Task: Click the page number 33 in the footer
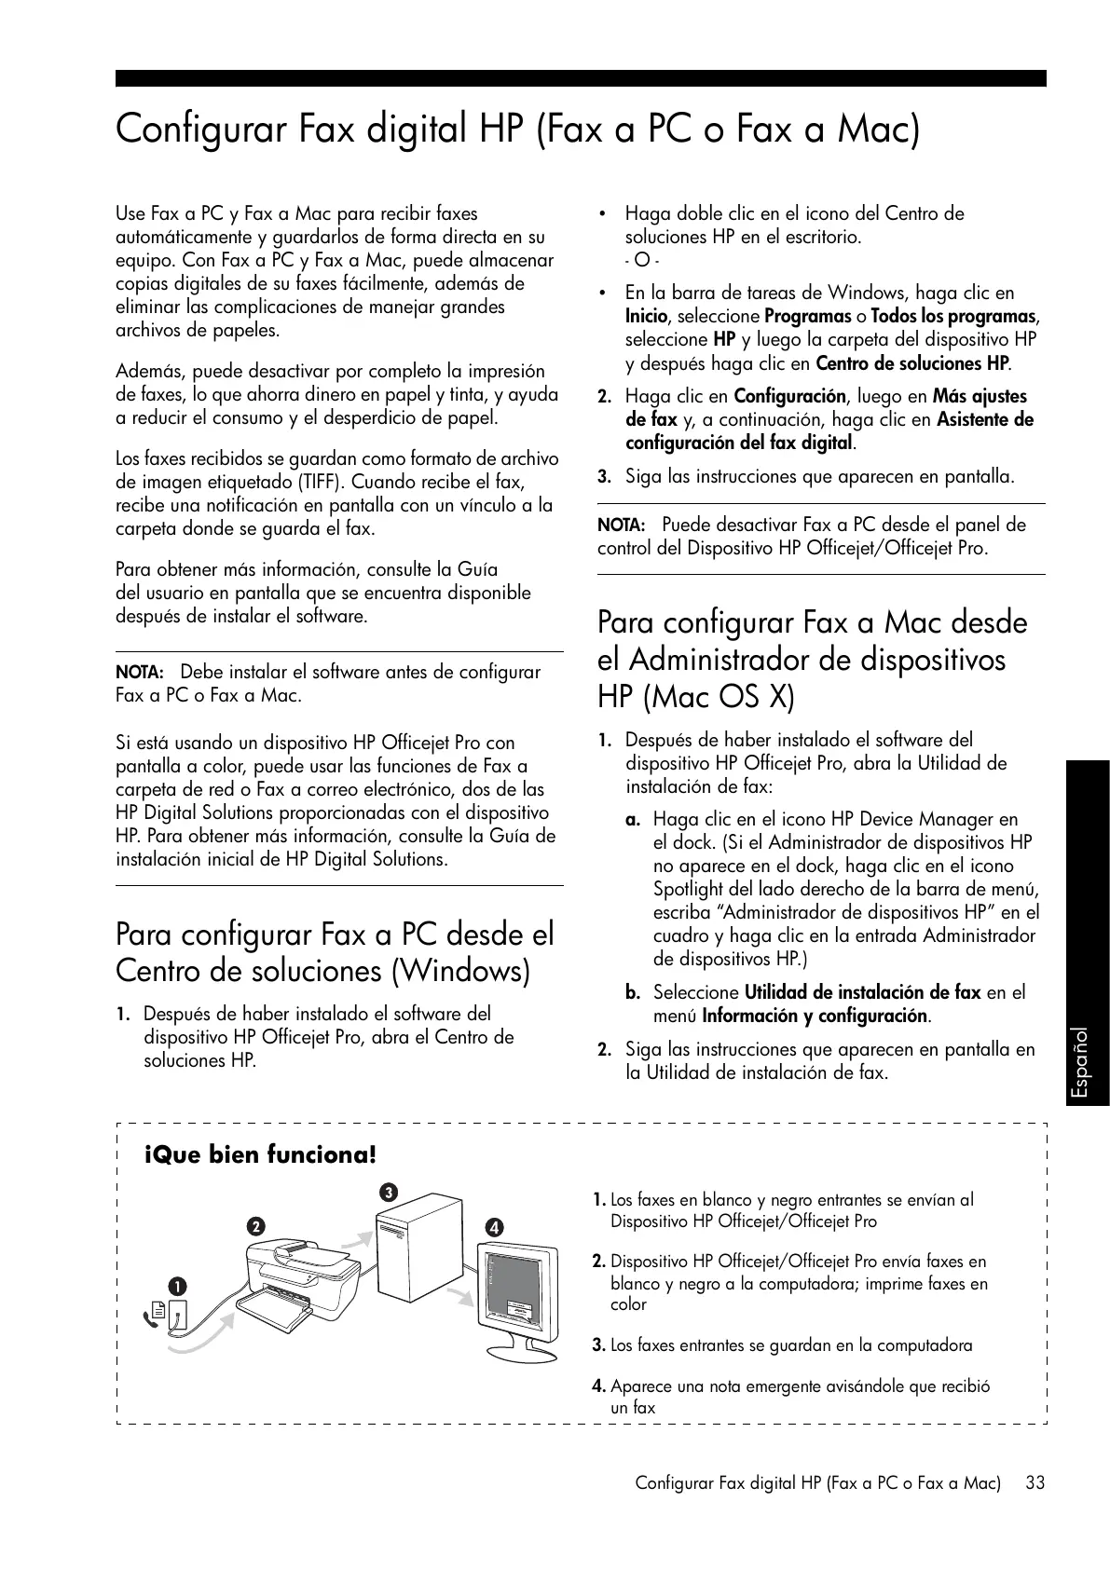1035,1482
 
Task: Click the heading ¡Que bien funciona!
261,1155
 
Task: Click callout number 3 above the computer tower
388,1193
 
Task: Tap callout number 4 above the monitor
494,1227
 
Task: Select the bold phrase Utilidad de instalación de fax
862,992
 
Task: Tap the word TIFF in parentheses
312,483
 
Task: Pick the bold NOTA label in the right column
621,525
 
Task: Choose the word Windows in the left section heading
459,972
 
